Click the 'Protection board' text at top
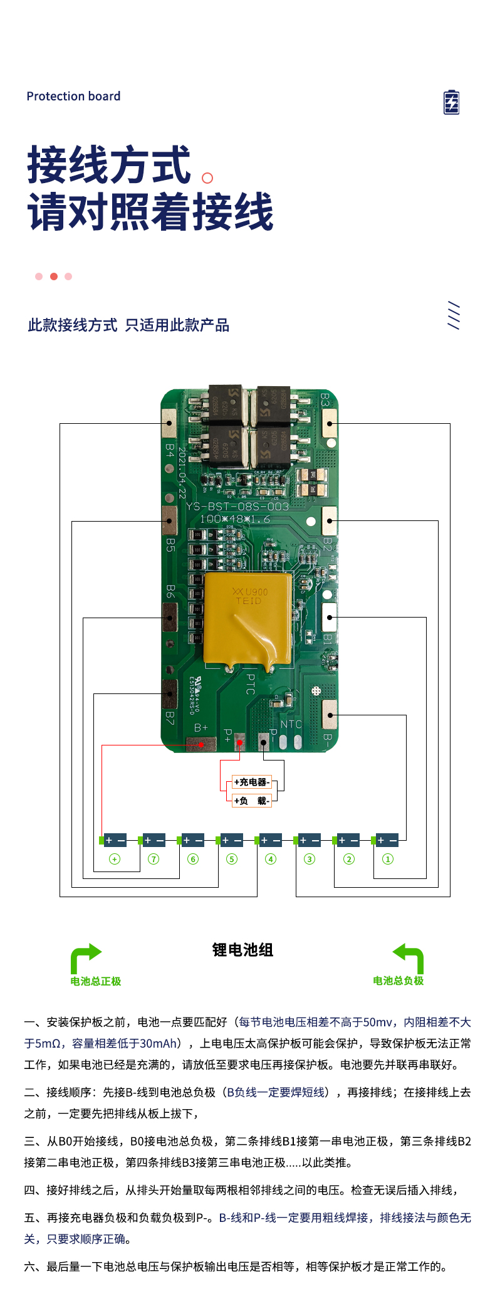73,96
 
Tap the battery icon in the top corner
451,102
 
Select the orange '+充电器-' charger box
252,782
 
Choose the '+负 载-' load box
252,801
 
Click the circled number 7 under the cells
154,859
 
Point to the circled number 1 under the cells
388,859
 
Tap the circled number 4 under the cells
271,859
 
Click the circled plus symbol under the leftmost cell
115,859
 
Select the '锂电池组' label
243,950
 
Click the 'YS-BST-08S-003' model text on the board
238,507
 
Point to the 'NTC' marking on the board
291,725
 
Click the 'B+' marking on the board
201,728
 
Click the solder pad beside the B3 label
330,424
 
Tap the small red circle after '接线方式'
207,178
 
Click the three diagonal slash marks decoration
454,315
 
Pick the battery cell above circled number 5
232,840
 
